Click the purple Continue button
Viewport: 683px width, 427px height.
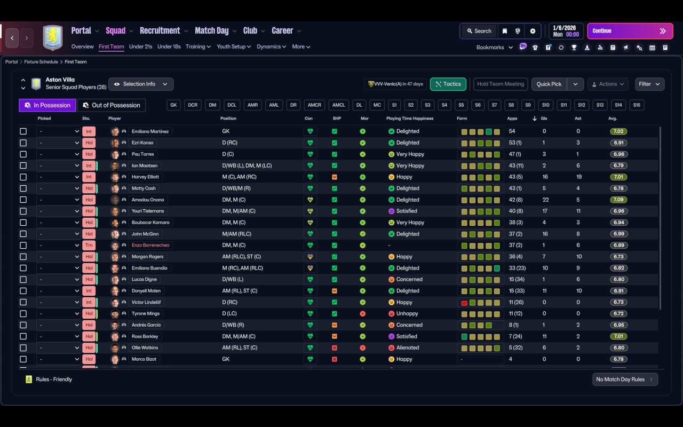(x=630, y=31)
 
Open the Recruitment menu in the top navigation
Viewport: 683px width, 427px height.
(x=160, y=30)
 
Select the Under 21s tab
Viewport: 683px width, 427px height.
(x=140, y=46)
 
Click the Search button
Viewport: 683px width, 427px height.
(x=478, y=31)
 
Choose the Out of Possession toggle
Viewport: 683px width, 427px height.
(x=112, y=105)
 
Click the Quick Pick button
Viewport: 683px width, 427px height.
(x=549, y=84)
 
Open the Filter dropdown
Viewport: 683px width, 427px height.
(x=649, y=84)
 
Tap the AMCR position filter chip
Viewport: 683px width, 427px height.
(x=314, y=105)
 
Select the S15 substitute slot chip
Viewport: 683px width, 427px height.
(x=637, y=105)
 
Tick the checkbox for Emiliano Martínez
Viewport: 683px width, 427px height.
(x=23, y=131)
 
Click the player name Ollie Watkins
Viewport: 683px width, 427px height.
(x=145, y=348)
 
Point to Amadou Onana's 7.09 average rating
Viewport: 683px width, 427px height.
(x=618, y=200)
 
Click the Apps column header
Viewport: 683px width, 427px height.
(x=512, y=118)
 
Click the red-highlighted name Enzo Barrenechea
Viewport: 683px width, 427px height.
(x=152, y=246)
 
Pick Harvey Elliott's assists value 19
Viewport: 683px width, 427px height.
(x=579, y=177)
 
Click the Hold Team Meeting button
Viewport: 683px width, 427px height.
(x=501, y=84)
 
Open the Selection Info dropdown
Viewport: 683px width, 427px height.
(x=141, y=84)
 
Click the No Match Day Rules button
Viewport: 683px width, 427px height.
(x=625, y=379)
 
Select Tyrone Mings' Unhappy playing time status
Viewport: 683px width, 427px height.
(x=407, y=314)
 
